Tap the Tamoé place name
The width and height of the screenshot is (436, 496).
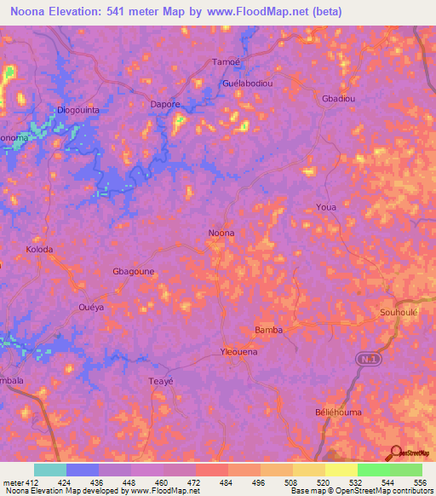(224, 62)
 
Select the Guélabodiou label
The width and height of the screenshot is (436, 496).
(246, 84)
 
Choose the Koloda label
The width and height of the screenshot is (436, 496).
(39, 250)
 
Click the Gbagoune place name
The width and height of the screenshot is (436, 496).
(133, 270)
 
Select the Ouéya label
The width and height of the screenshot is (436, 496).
(90, 307)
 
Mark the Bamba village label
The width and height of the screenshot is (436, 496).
(268, 329)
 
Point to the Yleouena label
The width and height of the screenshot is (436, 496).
(239, 351)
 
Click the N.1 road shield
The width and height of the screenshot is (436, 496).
(365, 361)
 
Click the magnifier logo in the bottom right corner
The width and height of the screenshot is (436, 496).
(395, 453)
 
